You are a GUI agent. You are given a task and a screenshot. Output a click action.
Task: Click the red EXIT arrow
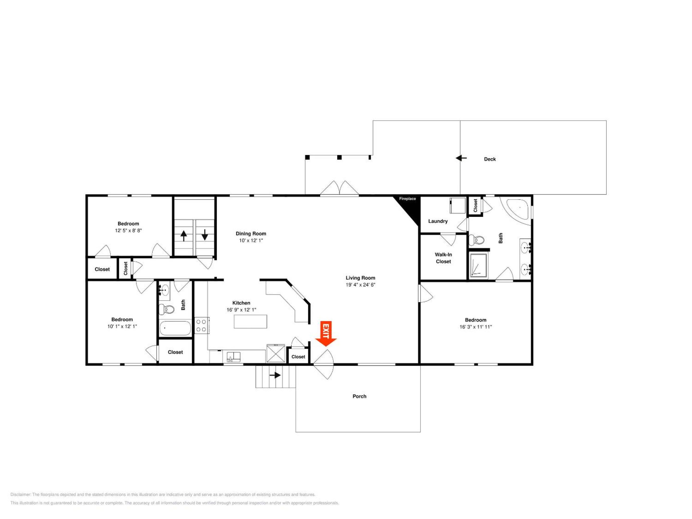coord(326,334)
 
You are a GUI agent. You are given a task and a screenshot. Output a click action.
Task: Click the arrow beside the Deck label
coord(461,158)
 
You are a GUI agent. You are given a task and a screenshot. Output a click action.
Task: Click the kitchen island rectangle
coord(250,321)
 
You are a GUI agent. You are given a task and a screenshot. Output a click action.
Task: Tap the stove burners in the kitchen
coord(201,325)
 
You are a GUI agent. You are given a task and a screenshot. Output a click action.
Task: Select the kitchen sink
coord(233,357)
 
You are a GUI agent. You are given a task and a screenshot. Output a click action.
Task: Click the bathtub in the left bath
coord(175,328)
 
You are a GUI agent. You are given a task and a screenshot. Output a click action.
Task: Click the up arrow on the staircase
coord(184,235)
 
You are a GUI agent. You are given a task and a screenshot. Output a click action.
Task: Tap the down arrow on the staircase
coord(205,235)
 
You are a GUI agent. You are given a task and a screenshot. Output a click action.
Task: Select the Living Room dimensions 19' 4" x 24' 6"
coord(360,285)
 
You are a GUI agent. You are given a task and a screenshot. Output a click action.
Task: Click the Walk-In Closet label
coord(443,258)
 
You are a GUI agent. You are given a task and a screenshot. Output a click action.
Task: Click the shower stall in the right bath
coord(478,265)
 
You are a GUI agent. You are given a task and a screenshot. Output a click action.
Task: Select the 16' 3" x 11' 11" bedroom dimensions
coord(476,327)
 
